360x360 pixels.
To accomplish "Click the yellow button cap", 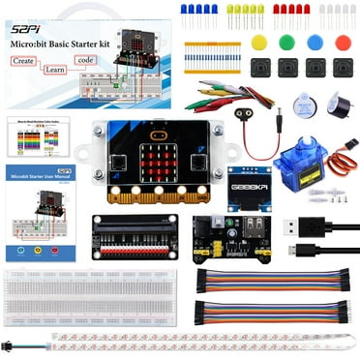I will click(258, 42).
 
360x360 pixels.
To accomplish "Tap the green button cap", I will click(286, 42).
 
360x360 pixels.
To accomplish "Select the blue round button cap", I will click(315, 42).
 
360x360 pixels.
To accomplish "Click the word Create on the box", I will click(28, 60).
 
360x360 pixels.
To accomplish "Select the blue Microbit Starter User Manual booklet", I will click(42, 212).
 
